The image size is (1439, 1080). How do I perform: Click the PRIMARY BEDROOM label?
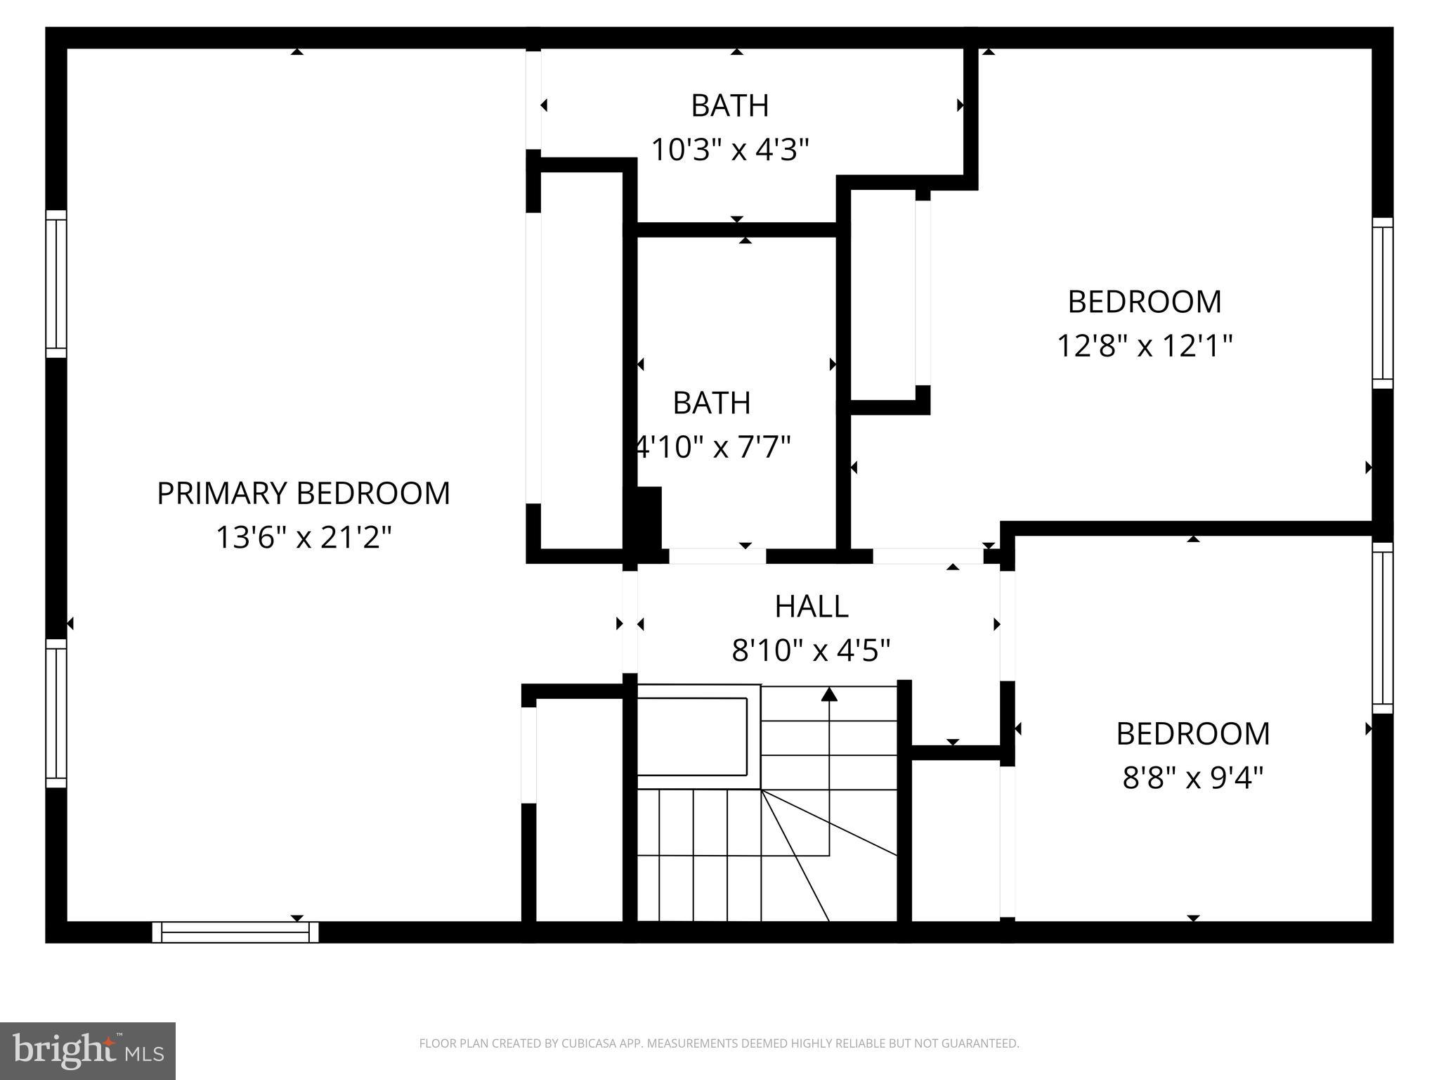(x=303, y=494)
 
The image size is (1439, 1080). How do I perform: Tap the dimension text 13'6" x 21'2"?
(x=303, y=538)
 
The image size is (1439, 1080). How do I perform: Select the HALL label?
(x=811, y=607)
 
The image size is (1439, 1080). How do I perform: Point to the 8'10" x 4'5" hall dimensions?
(x=811, y=650)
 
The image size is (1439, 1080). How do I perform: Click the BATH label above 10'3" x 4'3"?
(x=730, y=106)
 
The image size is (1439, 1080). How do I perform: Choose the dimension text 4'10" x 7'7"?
(x=713, y=447)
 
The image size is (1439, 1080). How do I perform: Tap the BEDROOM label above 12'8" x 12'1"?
(x=1144, y=302)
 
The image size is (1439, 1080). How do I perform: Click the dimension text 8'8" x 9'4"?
(x=1192, y=778)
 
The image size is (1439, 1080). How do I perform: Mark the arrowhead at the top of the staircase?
(x=829, y=695)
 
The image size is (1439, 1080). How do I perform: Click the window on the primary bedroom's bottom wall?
(x=235, y=932)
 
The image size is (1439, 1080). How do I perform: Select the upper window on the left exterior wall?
(x=56, y=284)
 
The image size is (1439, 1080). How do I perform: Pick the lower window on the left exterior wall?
(x=56, y=713)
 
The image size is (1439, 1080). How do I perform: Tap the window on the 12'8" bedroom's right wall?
(x=1382, y=303)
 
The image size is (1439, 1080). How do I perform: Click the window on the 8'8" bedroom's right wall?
(x=1382, y=628)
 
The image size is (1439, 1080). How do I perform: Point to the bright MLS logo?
(x=87, y=1050)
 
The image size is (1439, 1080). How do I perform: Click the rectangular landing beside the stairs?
(x=692, y=736)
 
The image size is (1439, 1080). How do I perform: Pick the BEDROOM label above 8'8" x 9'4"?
(x=1192, y=734)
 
